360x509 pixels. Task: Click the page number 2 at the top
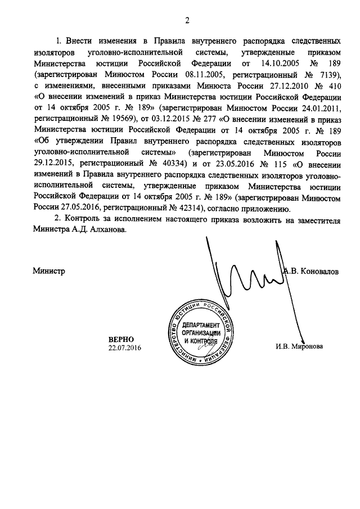187,21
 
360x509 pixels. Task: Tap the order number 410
333,86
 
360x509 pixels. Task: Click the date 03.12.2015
165,119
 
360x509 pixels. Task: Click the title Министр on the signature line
49,271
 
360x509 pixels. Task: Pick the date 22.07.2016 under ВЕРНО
124,349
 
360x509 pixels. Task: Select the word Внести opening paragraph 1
80,42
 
